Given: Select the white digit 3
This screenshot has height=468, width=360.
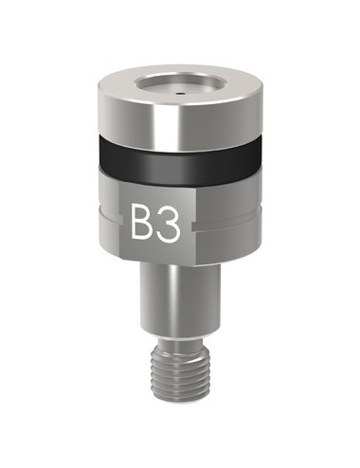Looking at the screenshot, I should (x=167, y=224).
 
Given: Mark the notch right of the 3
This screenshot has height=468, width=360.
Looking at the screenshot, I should (x=193, y=227).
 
